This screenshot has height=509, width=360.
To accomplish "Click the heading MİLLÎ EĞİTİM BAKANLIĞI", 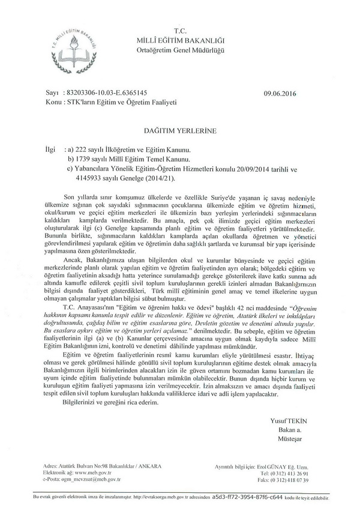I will [x=181, y=39].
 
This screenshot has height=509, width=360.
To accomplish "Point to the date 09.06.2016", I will [x=280, y=94].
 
